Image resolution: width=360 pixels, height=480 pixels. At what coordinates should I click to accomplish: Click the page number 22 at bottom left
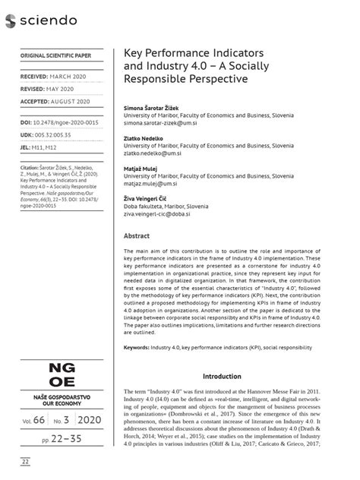tap(26, 462)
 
